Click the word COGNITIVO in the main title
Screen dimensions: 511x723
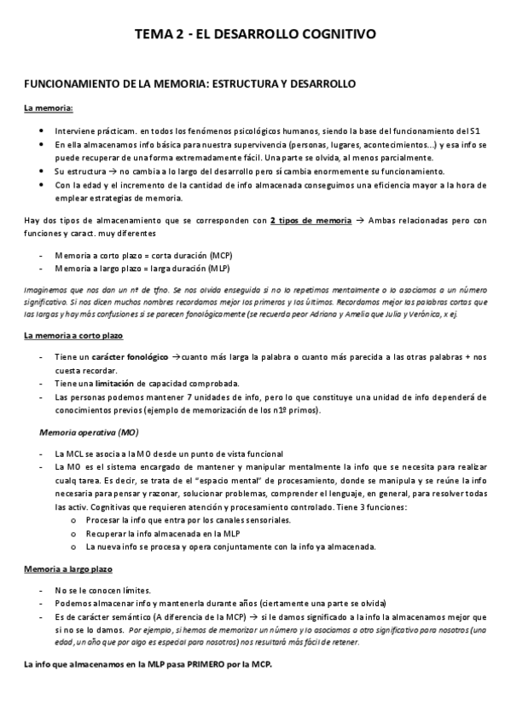click(x=329, y=35)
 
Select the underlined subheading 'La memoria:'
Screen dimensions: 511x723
click(x=48, y=108)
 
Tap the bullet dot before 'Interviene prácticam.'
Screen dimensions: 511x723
click(x=42, y=131)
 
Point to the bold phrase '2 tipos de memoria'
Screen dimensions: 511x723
click(x=310, y=221)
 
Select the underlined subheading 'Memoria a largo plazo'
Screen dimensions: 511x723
click(x=68, y=568)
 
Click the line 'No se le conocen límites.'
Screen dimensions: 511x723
click(x=102, y=590)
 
